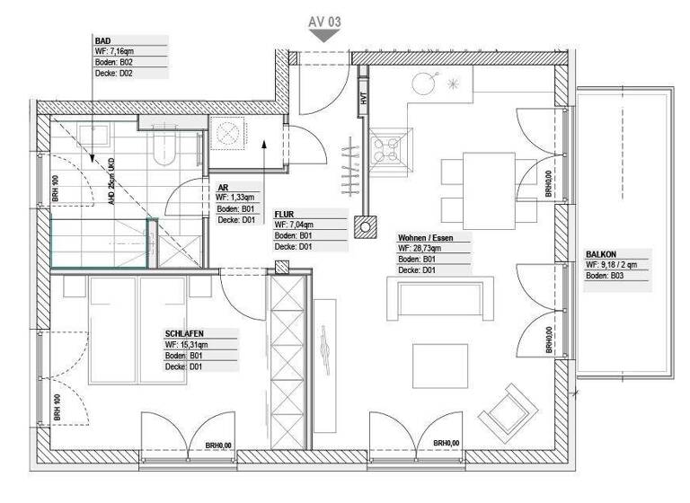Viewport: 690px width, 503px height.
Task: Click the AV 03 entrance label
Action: (x=323, y=19)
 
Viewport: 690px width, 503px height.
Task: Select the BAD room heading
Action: (x=102, y=41)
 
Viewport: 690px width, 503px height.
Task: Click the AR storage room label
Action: (x=222, y=189)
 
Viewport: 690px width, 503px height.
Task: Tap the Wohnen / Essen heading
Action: (x=425, y=238)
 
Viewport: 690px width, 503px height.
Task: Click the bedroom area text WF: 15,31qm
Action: (x=186, y=344)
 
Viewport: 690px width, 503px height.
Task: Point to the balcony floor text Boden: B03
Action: (x=604, y=276)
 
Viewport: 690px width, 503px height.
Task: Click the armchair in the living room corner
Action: (x=507, y=409)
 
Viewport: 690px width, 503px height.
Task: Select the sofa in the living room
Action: (x=439, y=299)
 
